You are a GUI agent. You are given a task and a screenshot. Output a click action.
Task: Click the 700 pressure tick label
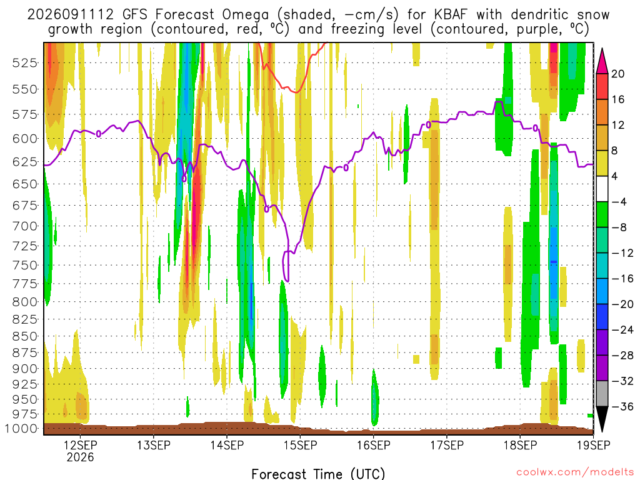click(x=25, y=226)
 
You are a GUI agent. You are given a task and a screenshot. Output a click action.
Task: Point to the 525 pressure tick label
click(x=25, y=63)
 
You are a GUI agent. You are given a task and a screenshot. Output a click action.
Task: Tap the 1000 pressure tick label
click(x=21, y=429)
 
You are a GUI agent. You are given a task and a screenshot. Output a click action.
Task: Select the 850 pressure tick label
click(x=25, y=336)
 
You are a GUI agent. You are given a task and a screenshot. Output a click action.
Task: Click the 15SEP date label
click(x=301, y=445)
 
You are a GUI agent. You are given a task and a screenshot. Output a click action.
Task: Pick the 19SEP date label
click(x=594, y=445)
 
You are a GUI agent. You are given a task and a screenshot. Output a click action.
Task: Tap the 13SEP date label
click(x=154, y=445)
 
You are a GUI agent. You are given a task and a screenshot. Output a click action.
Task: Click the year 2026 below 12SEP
click(x=81, y=457)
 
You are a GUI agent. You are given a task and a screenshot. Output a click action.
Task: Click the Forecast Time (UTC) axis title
click(x=318, y=474)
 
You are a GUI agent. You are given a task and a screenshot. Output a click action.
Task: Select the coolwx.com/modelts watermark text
click(x=575, y=472)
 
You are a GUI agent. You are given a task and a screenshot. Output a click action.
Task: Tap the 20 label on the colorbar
click(x=617, y=74)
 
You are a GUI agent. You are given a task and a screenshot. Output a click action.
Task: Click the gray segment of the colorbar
click(x=602, y=394)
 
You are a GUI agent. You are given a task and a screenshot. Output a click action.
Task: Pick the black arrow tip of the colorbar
click(x=602, y=431)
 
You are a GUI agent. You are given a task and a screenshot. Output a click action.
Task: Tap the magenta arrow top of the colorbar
click(x=602, y=50)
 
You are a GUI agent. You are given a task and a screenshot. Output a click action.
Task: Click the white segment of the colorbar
click(x=602, y=189)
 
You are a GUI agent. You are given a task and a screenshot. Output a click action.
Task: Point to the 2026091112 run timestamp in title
click(x=70, y=15)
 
